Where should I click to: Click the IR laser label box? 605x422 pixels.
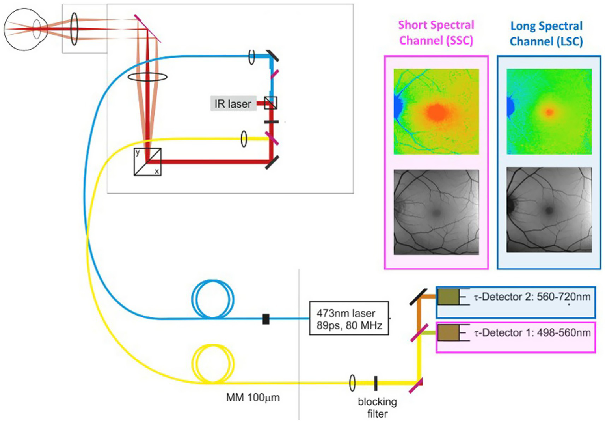pyautogui.click(x=233, y=104)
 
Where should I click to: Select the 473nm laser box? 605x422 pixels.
pyautogui.click(x=349, y=318)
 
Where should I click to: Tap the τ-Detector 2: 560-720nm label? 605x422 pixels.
pyautogui.click(x=532, y=297)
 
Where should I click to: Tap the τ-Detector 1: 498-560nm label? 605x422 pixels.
pyautogui.click(x=532, y=333)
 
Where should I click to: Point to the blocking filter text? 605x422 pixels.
pyautogui.click(x=377, y=407)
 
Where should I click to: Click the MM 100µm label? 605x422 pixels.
pyautogui.click(x=253, y=398)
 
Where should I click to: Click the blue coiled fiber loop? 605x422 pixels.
pyautogui.click(x=212, y=299)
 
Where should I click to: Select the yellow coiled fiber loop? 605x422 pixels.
pyautogui.click(x=212, y=364)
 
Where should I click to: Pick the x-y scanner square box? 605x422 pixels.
pyautogui.click(x=147, y=162)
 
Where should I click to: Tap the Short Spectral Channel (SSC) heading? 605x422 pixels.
pyautogui.click(x=436, y=33)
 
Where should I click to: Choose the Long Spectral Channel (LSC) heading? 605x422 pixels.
pyautogui.click(x=546, y=34)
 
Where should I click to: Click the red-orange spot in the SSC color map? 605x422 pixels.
pyautogui.click(x=437, y=112)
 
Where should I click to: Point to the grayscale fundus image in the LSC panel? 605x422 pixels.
pyautogui.click(x=549, y=210)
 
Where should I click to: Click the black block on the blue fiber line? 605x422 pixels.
pyautogui.click(x=266, y=319)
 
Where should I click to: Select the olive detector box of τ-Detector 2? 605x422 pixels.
pyautogui.click(x=448, y=297)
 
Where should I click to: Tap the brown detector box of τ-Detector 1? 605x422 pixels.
pyautogui.click(x=448, y=333)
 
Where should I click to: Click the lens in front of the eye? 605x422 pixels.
pyautogui.click(x=74, y=28)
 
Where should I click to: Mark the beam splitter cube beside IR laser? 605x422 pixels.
pyautogui.click(x=270, y=103)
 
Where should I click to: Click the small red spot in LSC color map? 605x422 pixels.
pyautogui.click(x=549, y=112)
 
